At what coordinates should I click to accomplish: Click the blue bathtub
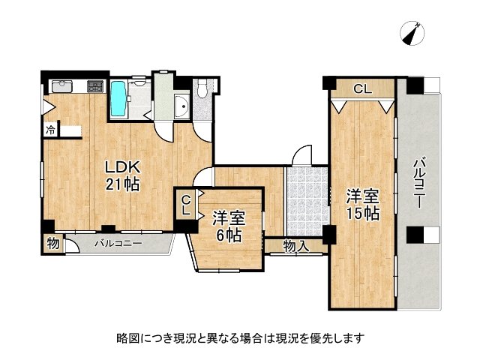(118, 99)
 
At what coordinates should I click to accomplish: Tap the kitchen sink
(61, 86)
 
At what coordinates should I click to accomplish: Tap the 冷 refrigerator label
(49, 130)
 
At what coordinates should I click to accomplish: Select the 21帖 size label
(122, 184)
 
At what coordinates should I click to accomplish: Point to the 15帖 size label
(362, 214)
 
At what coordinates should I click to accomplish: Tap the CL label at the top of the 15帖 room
(362, 89)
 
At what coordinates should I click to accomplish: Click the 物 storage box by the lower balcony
(52, 243)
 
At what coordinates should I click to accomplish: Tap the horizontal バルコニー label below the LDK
(118, 243)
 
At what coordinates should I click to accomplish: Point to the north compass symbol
(412, 32)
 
